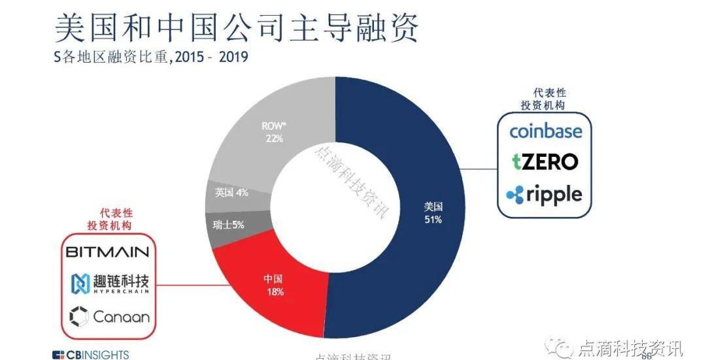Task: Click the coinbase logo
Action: click(545, 131)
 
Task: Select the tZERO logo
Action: click(545, 161)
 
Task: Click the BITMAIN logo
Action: click(107, 252)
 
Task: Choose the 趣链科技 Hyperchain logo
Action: click(110, 284)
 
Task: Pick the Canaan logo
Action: click(110, 318)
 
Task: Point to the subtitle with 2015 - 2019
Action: click(150, 57)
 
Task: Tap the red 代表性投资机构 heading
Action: click(109, 220)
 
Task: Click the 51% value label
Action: click(433, 220)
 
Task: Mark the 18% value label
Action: click(275, 292)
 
